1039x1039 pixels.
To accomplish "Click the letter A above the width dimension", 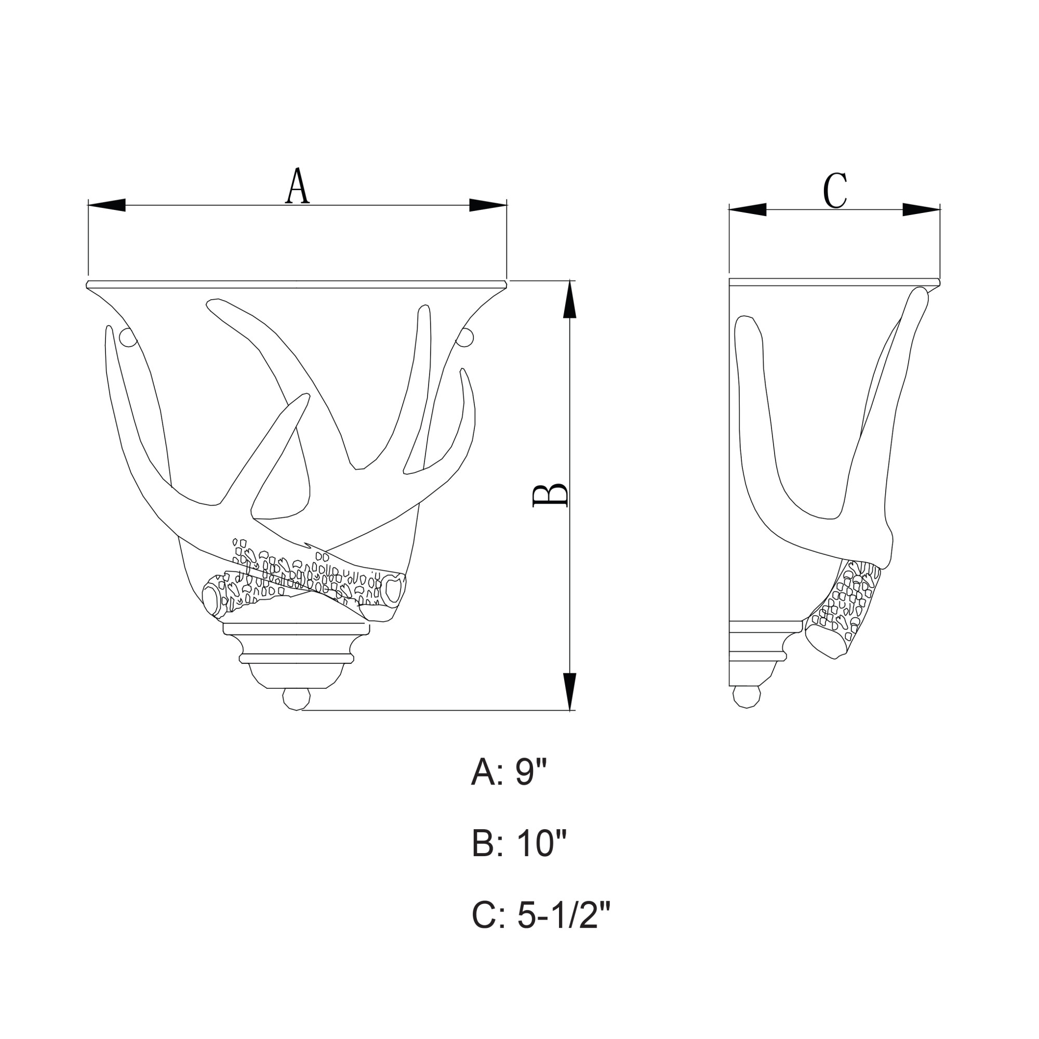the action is coord(297,186).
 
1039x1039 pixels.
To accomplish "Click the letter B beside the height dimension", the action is coord(550,495).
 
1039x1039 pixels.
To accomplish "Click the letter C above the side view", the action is coord(835,191).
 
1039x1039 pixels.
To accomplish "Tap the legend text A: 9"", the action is coord(509,774).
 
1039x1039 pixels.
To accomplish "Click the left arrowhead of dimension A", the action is coord(106,205).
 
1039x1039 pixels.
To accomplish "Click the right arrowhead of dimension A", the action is coord(488,205).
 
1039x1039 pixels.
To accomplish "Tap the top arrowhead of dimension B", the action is coord(569,300).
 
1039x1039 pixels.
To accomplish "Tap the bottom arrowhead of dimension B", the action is coord(569,691).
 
